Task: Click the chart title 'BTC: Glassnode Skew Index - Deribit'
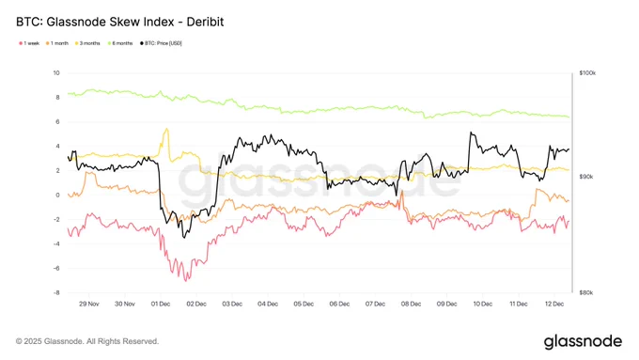tap(120, 20)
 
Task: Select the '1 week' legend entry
tap(29, 42)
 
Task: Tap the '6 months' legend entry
tap(124, 42)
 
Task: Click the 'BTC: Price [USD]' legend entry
tap(164, 42)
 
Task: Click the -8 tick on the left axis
tap(55, 292)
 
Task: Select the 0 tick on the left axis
tap(57, 196)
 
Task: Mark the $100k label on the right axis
tap(588, 73)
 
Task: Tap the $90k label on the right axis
tap(586, 177)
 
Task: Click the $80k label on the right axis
tap(586, 292)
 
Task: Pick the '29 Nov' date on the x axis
tap(89, 304)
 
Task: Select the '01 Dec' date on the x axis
tap(161, 304)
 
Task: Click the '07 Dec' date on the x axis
tap(375, 304)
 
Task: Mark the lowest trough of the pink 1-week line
tap(186, 280)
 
